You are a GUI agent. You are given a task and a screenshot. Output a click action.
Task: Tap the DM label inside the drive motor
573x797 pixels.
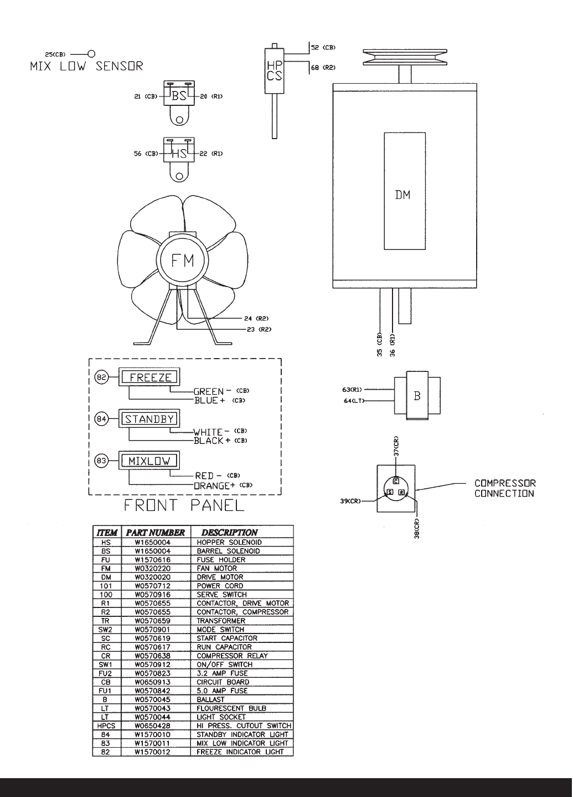pyautogui.click(x=402, y=195)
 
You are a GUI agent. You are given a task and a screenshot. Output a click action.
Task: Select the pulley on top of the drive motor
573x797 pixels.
pyautogui.click(x=405, y=58)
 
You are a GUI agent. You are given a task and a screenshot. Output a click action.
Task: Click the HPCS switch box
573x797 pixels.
pyautogui.click(x=275, y=71)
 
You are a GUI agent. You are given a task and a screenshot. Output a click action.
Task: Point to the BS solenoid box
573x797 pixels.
pyautogui.click(x=179, y=93)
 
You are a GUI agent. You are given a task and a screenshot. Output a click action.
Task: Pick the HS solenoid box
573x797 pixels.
pyautogui.click(x=179, y=150)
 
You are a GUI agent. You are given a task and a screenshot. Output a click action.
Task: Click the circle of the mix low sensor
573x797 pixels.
pyautogui.click(x=91, y=54)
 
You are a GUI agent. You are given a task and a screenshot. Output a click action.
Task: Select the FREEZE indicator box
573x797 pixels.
pyautogui.click(x=149, y=377)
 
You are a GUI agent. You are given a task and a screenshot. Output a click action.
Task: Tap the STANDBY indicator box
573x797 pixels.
pyautogui.click(x=149, y=418)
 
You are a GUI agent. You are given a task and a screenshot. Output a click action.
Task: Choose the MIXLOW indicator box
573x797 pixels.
pyautogui.click(x=149, y=461)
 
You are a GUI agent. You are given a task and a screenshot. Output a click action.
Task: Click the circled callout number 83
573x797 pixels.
pyautogui.click(x=101, y=461)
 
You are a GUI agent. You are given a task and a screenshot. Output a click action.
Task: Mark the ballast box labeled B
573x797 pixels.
pyautogui.click(x=417, y=396)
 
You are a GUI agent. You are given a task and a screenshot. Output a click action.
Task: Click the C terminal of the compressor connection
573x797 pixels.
pyautogui.click(x=396, y=482)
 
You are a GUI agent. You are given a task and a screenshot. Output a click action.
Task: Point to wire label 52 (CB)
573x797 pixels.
pyautogui.click(x=323, y=47)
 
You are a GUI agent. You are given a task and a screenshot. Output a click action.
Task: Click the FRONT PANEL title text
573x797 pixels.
pyautogui.click(x=184, y=505)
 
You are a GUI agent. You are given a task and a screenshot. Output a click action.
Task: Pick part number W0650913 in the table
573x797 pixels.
pyautogui.click(x=152, y=682)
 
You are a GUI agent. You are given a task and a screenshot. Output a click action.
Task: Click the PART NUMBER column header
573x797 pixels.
pyautogui.click(x=156, y=533)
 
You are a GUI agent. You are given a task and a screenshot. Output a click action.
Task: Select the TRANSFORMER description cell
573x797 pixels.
pyautogui.click(x=221, y=621)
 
